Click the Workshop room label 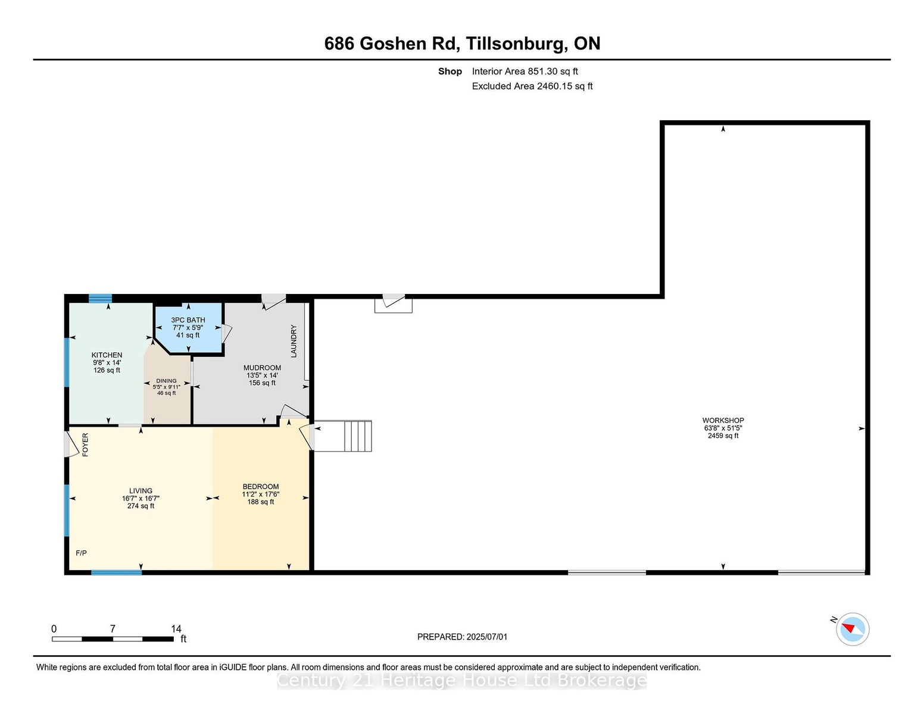pyautogui.click(x=723, y=421)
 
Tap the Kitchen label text pyautogui.click(x=107, y=355)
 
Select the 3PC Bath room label pyautogui.click(x=188, y=320)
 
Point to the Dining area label pyautogui.click(x=166, y=381)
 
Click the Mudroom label pyautogui.click(x=262, y=368)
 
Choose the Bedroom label pyautogui.click(x=261, y=487)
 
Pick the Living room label pyautogui.click(x=141, y=491)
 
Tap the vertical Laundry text pyautogui.click(x=294, y=341)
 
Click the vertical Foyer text pyautogui.click(x=85, y=444)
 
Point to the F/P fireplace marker pyautogui.click(x=81, y=553)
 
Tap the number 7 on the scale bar pyautogui.click(x=113, y=629)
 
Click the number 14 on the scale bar pyautogui.click(x=176, y=629)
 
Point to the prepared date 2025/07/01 pyautogui.click(x=487, y=637)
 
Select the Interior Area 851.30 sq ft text pyautogui.click(x=525, y=71)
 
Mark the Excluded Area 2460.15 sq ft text pyautogui.click(x=532, y=86)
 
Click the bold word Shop pyautogui.click(x=450, y=71)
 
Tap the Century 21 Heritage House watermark pyautogui.click(x=462, y=681)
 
